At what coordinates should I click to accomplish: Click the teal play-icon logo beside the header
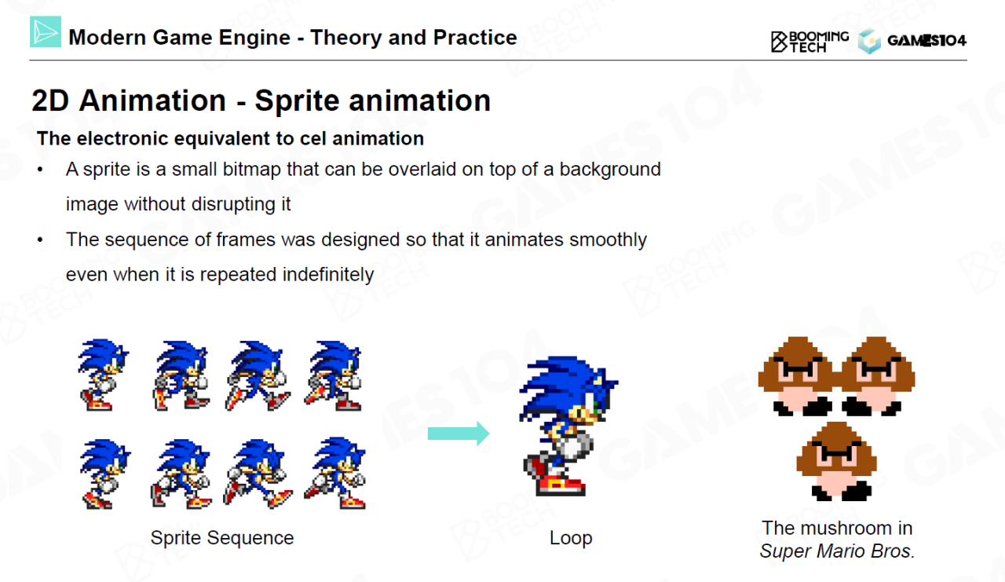coord(46,32)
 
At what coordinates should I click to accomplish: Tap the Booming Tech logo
coord(809,42)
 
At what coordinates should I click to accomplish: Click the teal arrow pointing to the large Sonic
coord(459,434)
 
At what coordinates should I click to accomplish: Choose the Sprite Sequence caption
coord(222,537)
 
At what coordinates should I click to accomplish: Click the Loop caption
coord(571,537)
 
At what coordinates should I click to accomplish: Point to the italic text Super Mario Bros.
coord(837,551)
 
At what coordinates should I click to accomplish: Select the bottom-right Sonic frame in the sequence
coord(335,474)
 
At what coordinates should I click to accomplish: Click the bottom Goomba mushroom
coord(836,461)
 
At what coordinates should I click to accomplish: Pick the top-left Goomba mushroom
coord(798,376)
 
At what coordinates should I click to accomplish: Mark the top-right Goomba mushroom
coord(876,376)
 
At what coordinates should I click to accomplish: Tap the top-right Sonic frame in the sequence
coord(334,376)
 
